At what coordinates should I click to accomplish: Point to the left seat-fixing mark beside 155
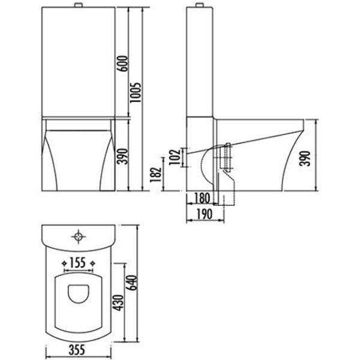tap(64, 262)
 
